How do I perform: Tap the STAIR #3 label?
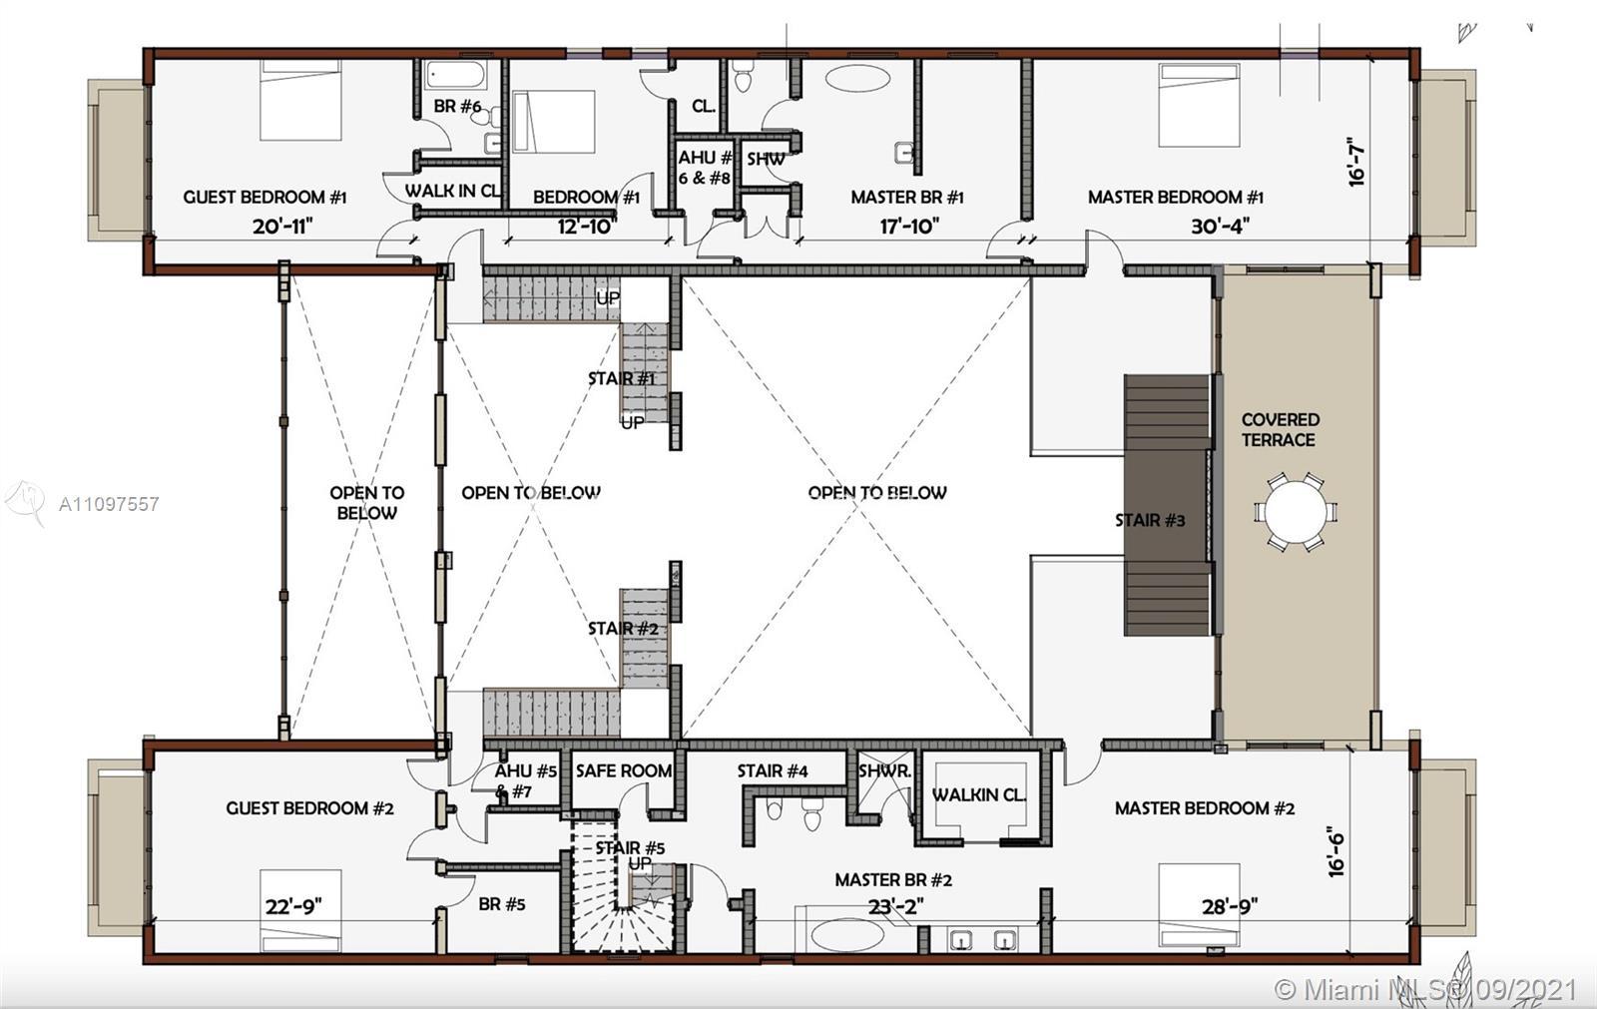point(1150,520)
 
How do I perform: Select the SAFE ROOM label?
point(623,770)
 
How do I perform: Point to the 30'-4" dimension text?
point(1219,227)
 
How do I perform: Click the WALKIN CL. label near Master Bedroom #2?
point(978,795)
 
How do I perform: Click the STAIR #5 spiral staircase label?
point(629,848)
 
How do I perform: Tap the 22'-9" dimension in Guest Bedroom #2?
point(293,906)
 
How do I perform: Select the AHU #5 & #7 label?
point(526,781)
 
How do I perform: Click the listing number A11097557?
point(109,504)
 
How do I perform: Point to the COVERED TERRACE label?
point(1280,430)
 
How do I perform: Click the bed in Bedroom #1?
point(553,122)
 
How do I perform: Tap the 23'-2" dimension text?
point(894,906)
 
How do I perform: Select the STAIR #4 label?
point(773,770)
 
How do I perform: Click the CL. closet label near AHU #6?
point(704,106)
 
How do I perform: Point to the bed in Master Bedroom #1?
point(1199,105)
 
